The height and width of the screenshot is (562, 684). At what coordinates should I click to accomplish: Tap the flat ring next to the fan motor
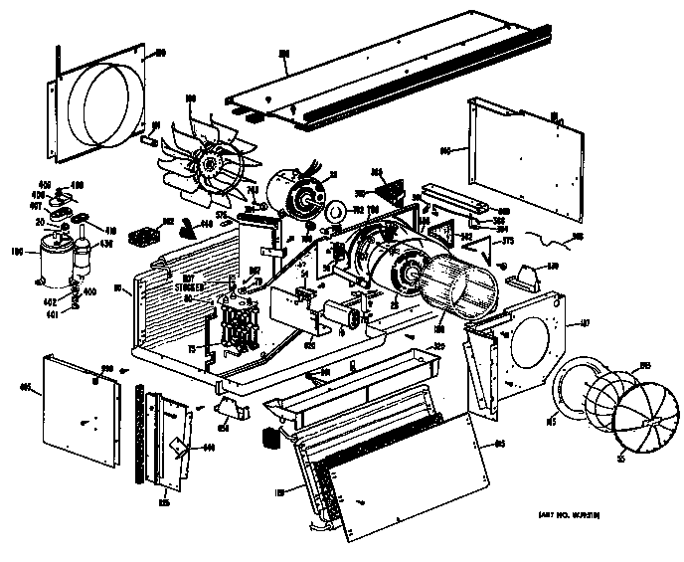(x=336, y=212)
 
